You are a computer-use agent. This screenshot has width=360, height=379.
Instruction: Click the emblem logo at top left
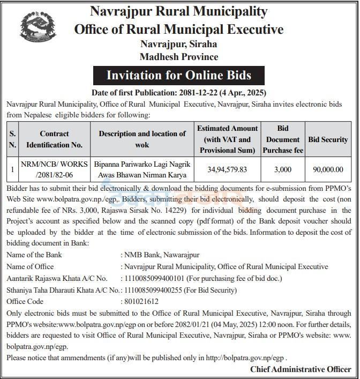[37, 31]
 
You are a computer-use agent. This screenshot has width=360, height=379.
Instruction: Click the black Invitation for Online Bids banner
[179, 75]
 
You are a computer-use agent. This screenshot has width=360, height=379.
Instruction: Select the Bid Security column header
[328, 139]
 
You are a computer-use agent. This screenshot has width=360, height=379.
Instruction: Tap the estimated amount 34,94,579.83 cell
[228, 169]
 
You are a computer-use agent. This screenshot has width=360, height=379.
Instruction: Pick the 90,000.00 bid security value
[328, 169]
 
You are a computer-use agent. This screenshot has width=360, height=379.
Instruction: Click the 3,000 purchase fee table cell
[283, 169]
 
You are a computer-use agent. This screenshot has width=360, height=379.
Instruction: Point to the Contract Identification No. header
[54, 139]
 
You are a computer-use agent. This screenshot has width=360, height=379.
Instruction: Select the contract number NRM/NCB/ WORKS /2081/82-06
[54, 169]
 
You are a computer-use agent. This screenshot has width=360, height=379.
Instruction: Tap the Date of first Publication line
[179, 92]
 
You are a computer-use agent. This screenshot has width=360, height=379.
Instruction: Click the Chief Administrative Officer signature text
[301, 369]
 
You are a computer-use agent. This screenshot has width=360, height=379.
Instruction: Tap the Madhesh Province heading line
[179, 56]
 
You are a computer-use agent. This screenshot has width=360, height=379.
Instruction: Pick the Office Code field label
[25, 302]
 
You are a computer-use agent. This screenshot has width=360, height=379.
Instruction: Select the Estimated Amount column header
[228, 139]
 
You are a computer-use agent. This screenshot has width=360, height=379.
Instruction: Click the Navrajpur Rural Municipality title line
[179, 11]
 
